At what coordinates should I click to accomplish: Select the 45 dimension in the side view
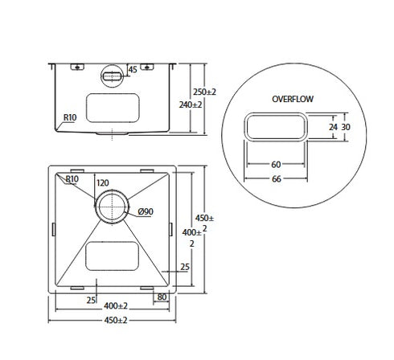pyautogui.click(x=133, y=69)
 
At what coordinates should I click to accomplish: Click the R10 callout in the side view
pyautogui.click(x=71, y=118)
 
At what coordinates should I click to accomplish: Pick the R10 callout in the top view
pyautogui.click(x=72, y=179)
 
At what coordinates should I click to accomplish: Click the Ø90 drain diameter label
pyautogui.click(x=146, y=211)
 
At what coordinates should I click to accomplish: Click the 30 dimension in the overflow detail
pyautogui.click(x=347, y=127)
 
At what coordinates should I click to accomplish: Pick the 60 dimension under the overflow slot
pyautogui.click(x=276, y=165)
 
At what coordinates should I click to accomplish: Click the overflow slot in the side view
pyautogui.click(x=111, y=75)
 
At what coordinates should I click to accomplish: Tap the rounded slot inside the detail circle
pyautogui.click(x=276, y=128)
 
